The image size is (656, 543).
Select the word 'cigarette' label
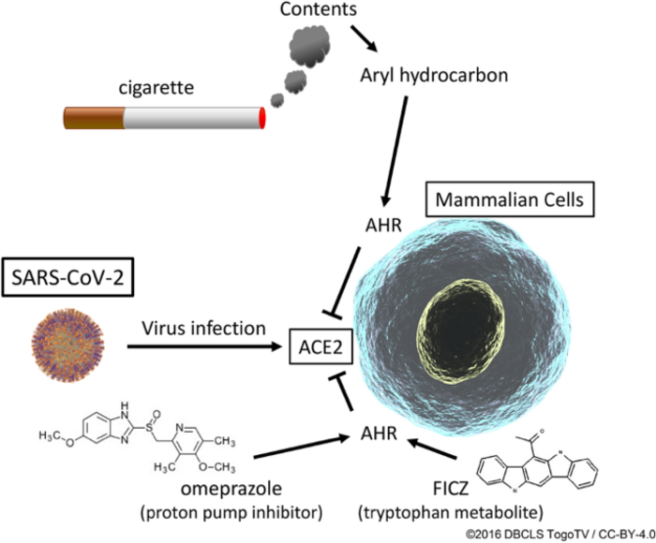point(155,88)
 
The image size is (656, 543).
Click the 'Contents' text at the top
point(317,11)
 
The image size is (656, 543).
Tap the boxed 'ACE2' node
point(320,348)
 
